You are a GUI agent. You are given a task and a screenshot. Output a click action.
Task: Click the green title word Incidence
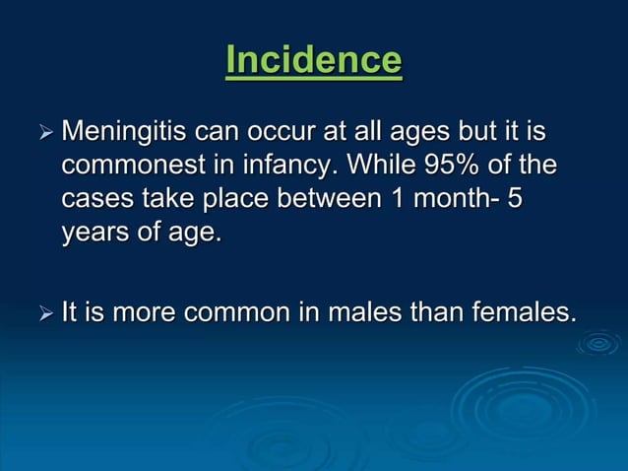[313, 61]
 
